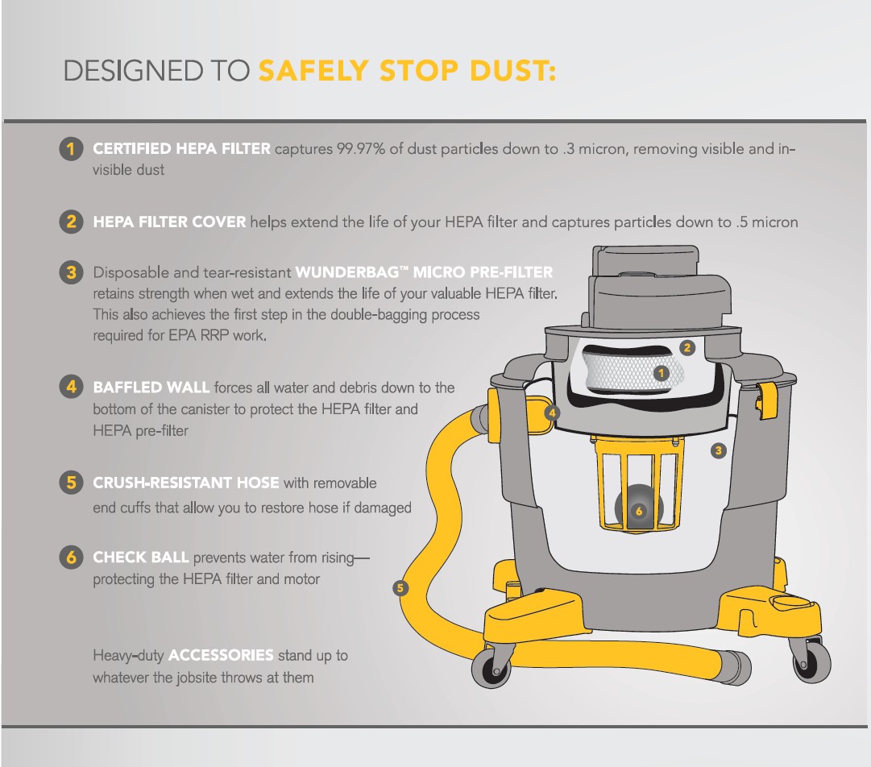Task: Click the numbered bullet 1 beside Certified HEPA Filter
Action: coord(71,149)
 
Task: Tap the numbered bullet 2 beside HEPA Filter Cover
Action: coord(71,222)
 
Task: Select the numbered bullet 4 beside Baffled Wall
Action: coord(71,387)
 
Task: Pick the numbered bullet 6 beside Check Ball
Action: coord(71,557)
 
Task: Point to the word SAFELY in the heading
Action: coord(313,71)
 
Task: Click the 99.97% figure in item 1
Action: coord(360,149)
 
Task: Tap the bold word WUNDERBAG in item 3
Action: coord(347,272)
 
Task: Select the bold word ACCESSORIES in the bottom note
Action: coord(221,655)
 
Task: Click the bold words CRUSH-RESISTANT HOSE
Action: coord(186,483)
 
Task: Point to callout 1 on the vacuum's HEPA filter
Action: coord(661,373)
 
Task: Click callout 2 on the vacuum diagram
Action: coord(687,348)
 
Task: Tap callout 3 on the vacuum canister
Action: coord(718,450)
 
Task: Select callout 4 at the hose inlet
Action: coord(552,413)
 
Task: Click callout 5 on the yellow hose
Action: coord(400,587)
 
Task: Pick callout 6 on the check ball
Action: coord(639,511)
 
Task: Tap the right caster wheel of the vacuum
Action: coord(811,661)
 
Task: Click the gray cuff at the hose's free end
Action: coord(734,665)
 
